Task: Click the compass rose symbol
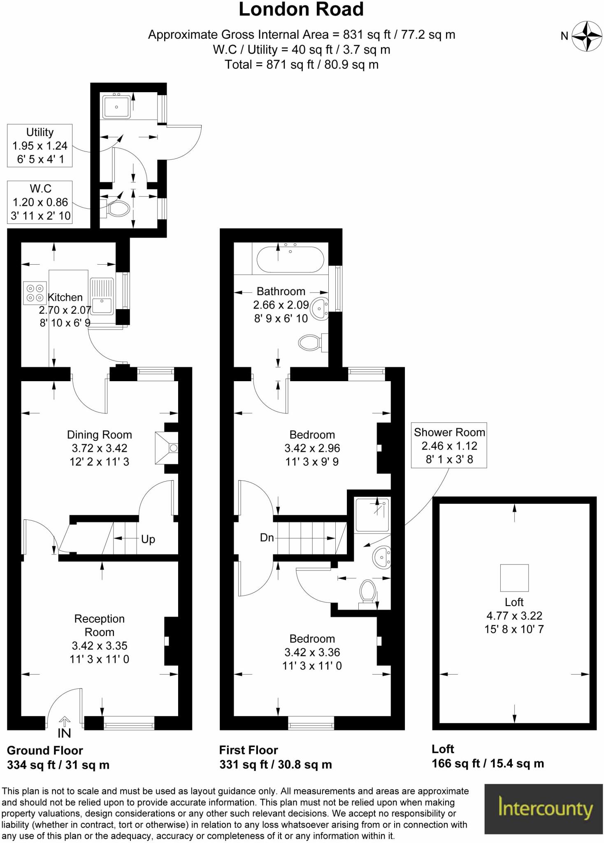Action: [587, 36]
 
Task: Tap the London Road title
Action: [301, 9]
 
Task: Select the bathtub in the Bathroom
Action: [290, 260]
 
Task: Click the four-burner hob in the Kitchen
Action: [35, 293]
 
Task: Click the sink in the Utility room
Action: [116, 107]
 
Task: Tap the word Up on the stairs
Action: [148, 539]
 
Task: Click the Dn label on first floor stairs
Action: [267, 538]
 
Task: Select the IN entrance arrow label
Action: [64, 733]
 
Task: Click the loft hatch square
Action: [514, 578]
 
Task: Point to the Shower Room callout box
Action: [449, 445]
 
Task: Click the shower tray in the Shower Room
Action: [372, 515]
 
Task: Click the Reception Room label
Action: [99, 625]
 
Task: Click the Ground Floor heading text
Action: [45, 750]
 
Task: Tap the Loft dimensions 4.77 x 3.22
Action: [514, 616]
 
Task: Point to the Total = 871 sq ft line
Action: [301, 65]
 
